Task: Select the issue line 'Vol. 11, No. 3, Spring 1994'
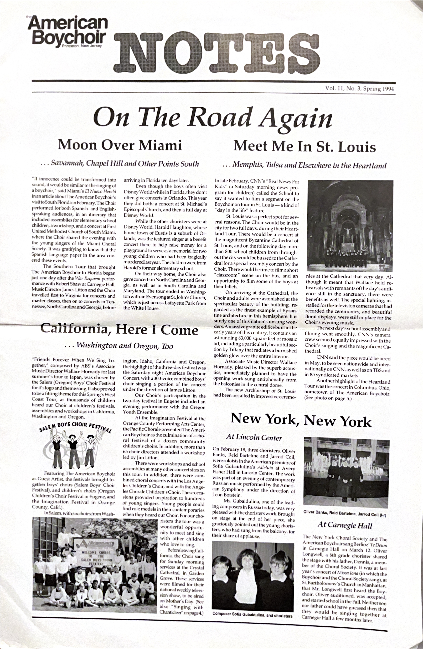pos(359,89)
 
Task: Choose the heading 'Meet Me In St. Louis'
pos(304,146)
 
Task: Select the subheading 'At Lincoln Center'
pos(254,437)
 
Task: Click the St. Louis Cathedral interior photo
pos(350,225)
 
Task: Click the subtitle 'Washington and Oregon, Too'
pos(119,346)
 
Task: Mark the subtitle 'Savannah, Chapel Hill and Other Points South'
pos(120,164)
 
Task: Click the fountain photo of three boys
pos(346,472)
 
